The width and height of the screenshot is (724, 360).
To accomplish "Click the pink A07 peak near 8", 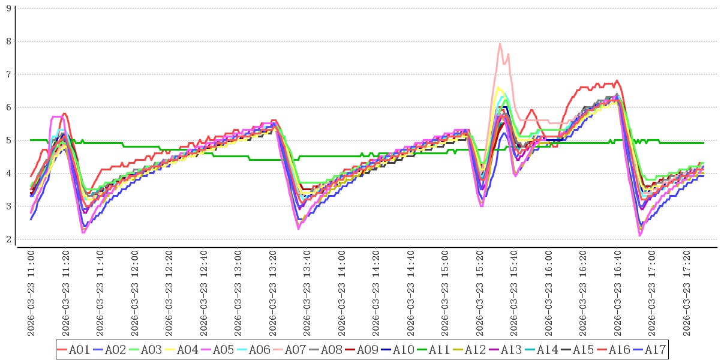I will [x=500, y=44].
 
